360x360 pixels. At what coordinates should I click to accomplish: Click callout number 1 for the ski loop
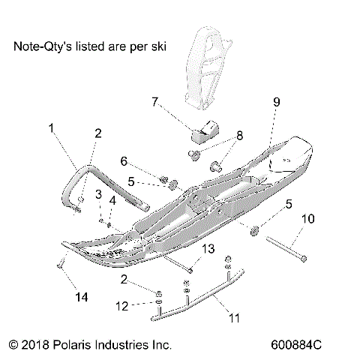click(51, 128)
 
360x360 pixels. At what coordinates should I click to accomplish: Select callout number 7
click(154, 100)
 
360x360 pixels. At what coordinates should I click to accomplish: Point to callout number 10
click(307, 220)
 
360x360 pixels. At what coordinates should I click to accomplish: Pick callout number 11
click(234, 319)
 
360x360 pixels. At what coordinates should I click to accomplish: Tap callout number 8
click(219, 135)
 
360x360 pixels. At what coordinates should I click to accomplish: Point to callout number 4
click(112, 200)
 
